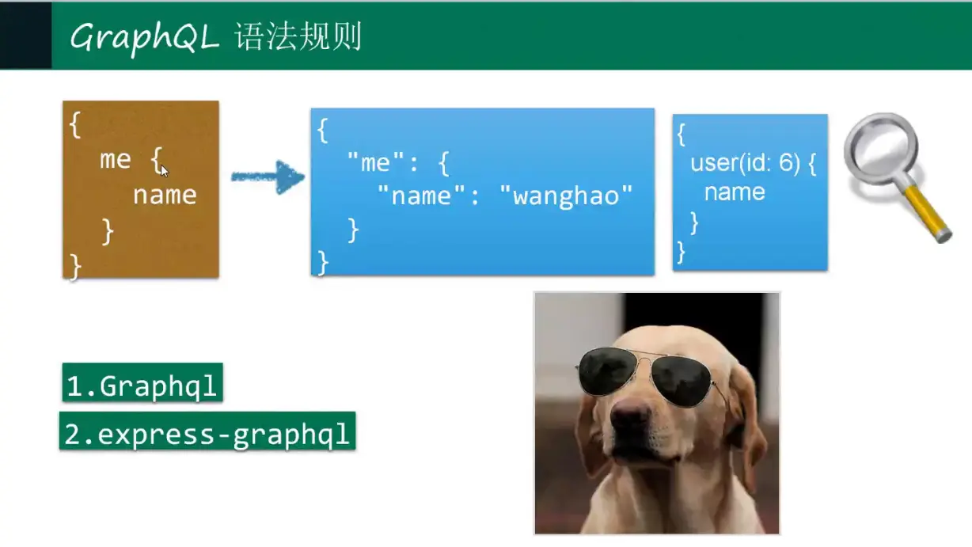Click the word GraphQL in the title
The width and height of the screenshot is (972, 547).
tap(145, 38)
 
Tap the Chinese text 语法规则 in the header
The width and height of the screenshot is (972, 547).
tap(298, 36)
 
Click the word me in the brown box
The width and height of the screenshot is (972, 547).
tap(116, 160)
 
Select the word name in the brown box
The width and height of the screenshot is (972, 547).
tap(165, 196)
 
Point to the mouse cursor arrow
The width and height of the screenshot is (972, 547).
tap(164, 171)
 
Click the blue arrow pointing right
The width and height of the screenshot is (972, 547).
tap(268, 177)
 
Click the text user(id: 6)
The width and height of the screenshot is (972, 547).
tap(745, 163)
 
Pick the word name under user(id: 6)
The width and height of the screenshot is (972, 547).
tap(735, 192)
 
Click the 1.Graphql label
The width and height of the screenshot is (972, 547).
tap(142, 382)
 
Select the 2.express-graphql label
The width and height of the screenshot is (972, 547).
tap(207, 431)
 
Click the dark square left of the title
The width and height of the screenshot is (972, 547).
tap(25, 35)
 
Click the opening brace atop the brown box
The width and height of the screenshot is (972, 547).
tap(75, 124)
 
